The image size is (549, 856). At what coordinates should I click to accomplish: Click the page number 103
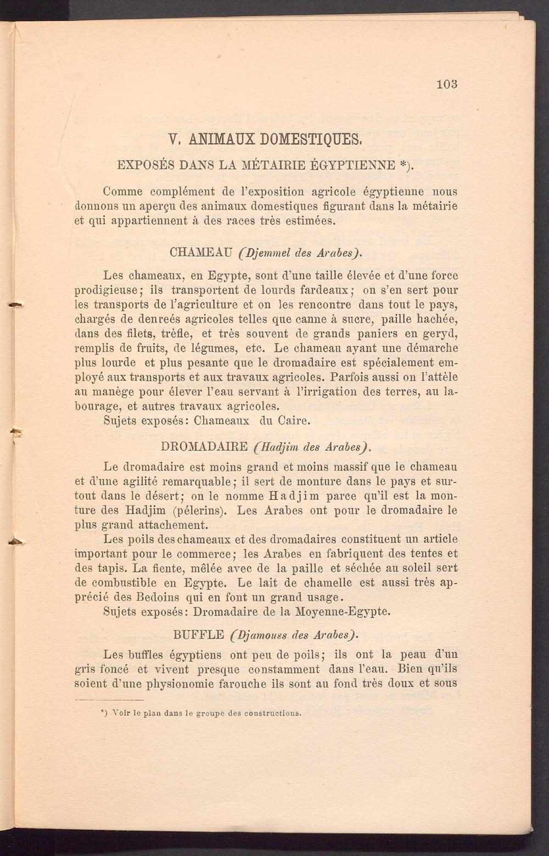[447, 85]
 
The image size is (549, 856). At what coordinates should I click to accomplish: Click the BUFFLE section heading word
[198, 635]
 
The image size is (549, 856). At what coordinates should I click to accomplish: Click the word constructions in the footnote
[273, 714]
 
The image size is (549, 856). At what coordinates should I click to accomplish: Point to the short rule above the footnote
[109, 700]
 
